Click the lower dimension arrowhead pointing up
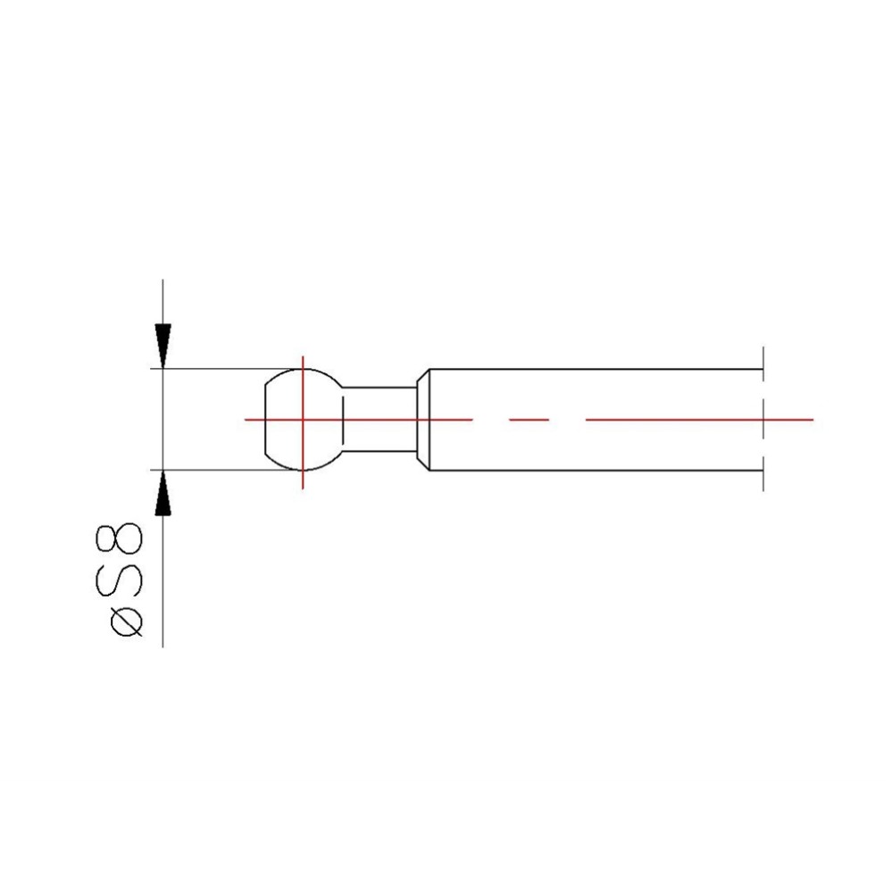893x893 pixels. [163, 493]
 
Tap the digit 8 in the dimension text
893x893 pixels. [119, 538]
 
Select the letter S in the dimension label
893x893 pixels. [119, 581]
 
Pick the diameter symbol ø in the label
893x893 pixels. [126, 622]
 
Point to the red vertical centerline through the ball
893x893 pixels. [303, 422]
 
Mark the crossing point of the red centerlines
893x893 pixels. [303, 420]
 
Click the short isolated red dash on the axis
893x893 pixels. [529, 420]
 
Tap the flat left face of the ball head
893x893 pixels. [265, 420]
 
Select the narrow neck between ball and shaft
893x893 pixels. [380, 419]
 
